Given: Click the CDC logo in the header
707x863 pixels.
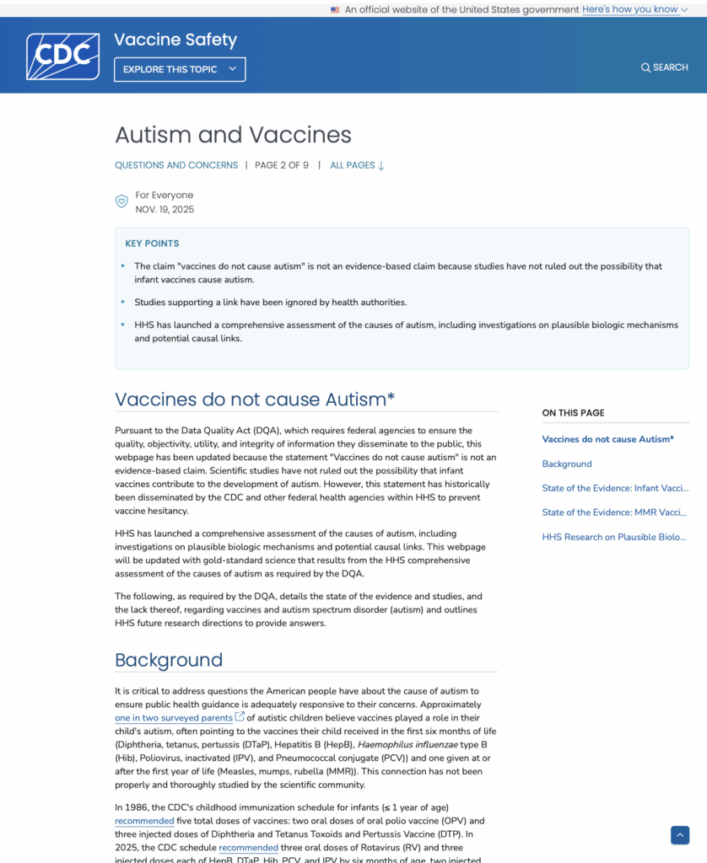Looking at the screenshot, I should [x=62, y=56].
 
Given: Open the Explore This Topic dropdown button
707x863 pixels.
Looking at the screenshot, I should [x=180, y=69].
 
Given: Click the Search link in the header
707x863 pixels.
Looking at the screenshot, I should [x=664, y=67].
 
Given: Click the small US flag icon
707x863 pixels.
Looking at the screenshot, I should [x=335, y=10].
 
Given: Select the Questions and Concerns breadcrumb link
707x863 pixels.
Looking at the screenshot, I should [x=176, y=165].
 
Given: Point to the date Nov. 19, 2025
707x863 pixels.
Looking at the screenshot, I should [x=165, y=209].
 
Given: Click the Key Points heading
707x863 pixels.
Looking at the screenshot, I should [x=152, y=244].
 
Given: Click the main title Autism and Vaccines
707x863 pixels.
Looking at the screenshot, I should [x=233, y=135].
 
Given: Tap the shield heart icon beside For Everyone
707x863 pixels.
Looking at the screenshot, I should [x=121, y=201].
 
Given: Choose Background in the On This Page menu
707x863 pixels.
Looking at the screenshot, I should [x=566, y=464].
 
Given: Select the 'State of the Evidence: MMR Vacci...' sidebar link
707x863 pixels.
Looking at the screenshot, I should [x=614, y=512].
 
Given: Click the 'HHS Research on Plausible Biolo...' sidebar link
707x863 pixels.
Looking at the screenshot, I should [x=614, y=537].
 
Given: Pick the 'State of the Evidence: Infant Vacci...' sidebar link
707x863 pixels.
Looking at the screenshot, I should [x=614, y=488].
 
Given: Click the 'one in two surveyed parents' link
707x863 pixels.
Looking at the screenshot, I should [x=174, y=718].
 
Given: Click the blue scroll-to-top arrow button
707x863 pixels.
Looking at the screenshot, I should [x=680, y=834].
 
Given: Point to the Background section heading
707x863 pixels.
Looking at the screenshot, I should [x=169, y=660].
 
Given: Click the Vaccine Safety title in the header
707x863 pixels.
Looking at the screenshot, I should [x=175, y=40].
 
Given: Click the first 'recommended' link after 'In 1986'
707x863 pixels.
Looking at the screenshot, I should [x=144, y=821].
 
